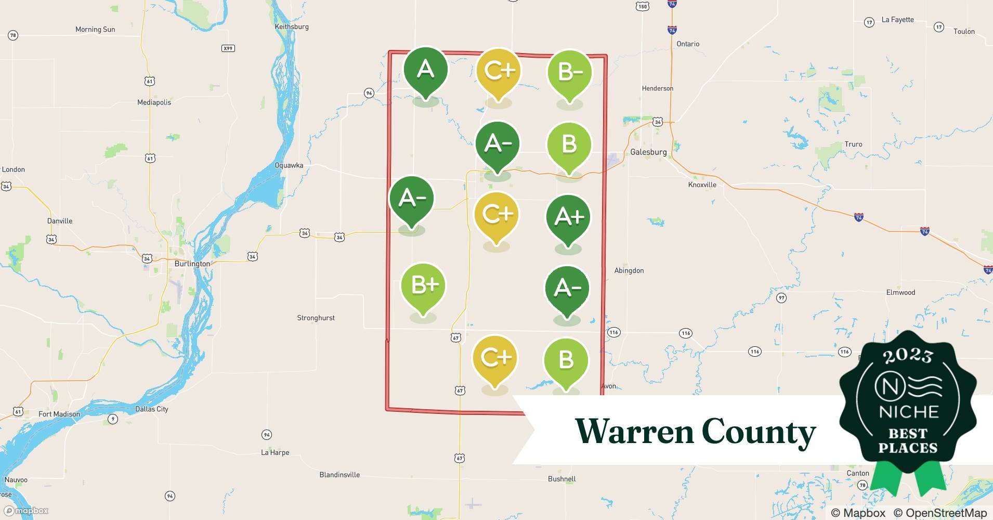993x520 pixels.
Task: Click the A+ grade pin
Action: pos(568,218)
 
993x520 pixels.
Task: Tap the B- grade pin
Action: pos(570,72)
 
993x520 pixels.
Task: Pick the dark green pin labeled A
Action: pos(426,70)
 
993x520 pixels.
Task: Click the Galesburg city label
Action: pos(648,152)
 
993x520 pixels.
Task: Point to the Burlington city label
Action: pos(192,264)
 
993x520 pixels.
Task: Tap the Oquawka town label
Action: pos(289,165)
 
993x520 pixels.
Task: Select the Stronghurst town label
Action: pos(316,318)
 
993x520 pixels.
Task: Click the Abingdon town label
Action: pos(629,270)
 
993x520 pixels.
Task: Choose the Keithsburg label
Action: pos(292,27)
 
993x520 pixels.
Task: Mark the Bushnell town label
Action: pos(561,479)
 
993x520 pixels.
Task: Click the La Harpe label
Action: pos(275,452)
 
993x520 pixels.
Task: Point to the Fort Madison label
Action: pos(59,414)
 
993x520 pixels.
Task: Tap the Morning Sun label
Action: pos(95,30)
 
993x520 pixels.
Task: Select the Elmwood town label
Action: pos(900,292)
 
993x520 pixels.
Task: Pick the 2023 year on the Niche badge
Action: pos(908,355)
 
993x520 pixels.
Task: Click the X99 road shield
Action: pos(228,48)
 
